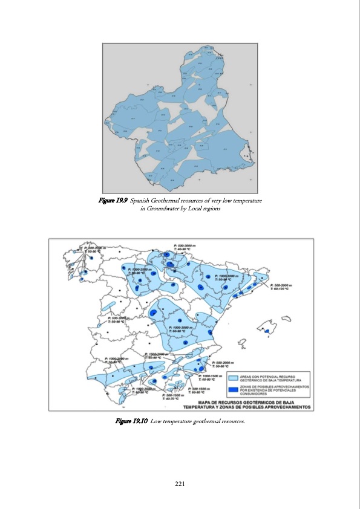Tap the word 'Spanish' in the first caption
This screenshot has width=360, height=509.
pyautogui.click(x=142, y=200)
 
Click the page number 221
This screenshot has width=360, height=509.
pyautogui.click(x=180, y=484)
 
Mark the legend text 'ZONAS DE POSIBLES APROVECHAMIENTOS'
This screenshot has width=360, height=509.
pyautogui.click(x=275, y=385)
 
